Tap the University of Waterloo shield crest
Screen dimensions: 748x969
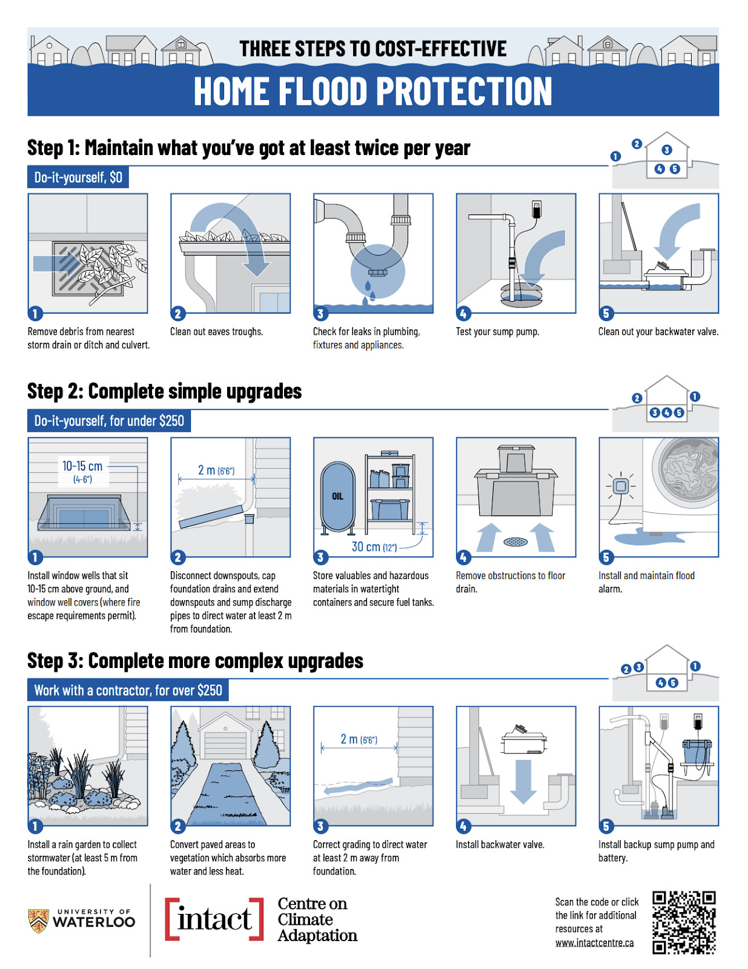point(38,921)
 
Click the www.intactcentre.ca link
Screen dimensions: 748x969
point(594,942)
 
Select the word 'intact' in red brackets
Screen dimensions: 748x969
point(214,919)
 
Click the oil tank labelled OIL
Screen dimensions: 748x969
point(337,497)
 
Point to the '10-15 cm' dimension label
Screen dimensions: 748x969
point(82,466)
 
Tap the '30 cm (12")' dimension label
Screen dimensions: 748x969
point(374,547)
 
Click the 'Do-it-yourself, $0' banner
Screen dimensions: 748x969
point(78,177)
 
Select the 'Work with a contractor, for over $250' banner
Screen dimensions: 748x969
point(128,690)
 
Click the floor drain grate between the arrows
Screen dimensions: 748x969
point(515,542)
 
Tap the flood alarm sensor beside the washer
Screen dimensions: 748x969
point(621,486)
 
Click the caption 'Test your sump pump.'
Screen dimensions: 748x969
point(497,331)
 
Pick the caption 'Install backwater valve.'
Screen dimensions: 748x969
point(500,844)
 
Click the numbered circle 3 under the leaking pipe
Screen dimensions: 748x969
point(320,314)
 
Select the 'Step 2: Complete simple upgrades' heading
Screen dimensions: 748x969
point(165,391)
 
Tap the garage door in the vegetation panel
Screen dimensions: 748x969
point(225,745)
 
